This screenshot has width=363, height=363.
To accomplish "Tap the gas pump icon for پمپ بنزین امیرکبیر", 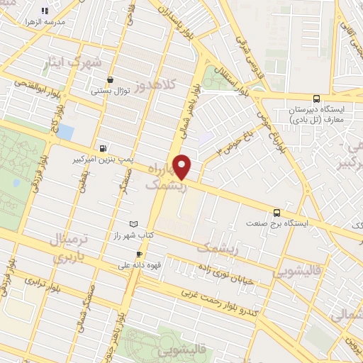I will click(x=104, y=148).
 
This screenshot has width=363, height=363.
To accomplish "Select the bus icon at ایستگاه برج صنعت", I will click(x=277, y=212).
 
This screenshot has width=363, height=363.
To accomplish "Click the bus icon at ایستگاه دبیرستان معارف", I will click(x=315, y=99).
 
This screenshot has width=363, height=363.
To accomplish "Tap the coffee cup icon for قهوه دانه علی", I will click(x=139, y=255).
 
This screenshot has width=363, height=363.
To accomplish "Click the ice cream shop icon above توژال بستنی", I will click(x=109, y=80).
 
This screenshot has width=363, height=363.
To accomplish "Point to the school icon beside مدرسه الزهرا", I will click(x=45, y=11).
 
